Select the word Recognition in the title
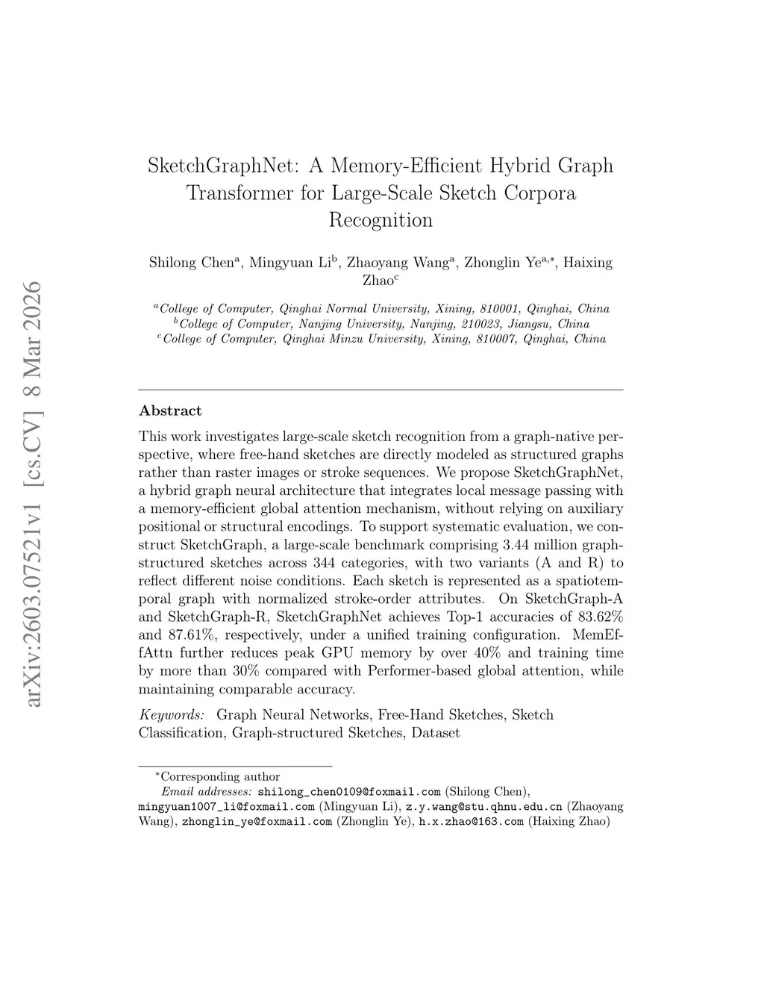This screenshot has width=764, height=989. point(381,220)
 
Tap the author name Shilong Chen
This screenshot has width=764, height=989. point(192,263)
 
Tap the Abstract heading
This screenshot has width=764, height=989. point(170,411)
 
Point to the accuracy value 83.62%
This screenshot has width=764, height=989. point(601,617)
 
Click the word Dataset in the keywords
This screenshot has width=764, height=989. point(436,733)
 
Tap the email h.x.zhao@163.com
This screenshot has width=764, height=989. point(471,822)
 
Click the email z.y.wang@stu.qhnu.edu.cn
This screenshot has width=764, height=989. point(483,807)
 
